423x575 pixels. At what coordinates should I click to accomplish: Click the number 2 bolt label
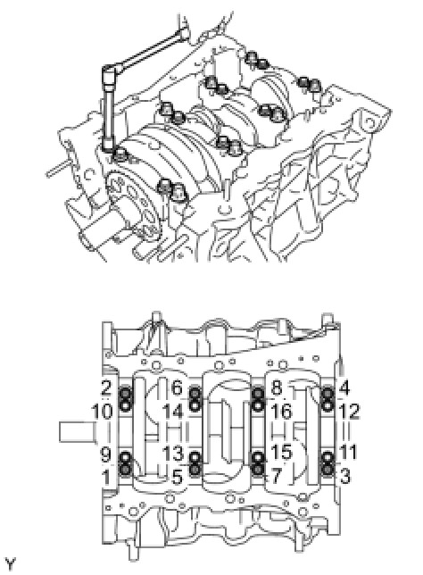pos(106,387)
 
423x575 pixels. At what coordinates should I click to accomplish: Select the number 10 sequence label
pos(103,411)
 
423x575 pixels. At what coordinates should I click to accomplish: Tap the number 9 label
pos(105,454)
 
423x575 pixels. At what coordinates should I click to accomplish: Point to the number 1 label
pos(106,478)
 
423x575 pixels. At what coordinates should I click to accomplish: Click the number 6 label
pos(177,387)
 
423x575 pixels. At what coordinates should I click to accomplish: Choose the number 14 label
pos(172,411)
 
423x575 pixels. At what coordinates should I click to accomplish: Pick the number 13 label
pos(173,454)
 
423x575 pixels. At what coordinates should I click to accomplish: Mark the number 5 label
pos(177,478)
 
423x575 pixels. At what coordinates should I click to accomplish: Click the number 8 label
pos(277,387)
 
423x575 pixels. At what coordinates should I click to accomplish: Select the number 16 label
pos(281,411)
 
